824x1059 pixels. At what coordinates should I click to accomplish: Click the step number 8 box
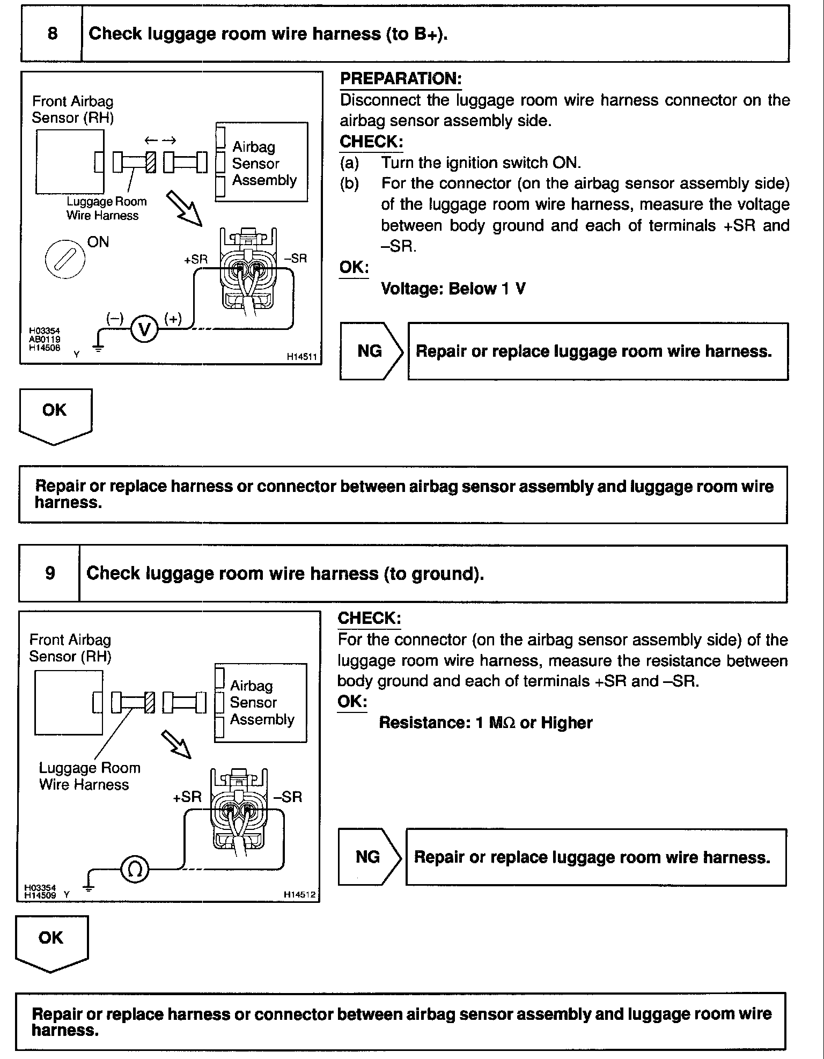pyautogui.click(x=51, y=34)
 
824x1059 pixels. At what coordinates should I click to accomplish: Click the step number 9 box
pyautogui.click(x=49, y=573)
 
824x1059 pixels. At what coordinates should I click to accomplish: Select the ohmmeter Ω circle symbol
pyautogui.click(x=135, y=870)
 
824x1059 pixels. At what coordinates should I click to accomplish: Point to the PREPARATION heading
pyautogui.click(x=400, y=79)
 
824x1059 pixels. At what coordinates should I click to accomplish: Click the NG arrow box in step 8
pyautogui.click(x=370, y=351)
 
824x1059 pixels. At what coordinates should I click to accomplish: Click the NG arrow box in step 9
pyautogui.click(x=368, y=857)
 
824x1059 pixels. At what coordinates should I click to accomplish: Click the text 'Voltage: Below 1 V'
pyautogui.click(x=453, y=289)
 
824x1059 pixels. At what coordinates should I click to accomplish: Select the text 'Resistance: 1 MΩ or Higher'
pyautogui.click(x=485, y=723)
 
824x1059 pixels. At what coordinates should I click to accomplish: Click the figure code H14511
pyautogui.click(x=302, y=356)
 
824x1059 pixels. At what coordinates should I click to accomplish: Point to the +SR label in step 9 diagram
pyautogui.click(x=187, y=797)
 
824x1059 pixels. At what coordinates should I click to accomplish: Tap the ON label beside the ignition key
pyautogui.click(x=98, y=242)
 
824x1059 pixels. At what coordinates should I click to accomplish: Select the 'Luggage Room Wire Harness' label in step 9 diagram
pyautogui.click(x=89, y=776)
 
